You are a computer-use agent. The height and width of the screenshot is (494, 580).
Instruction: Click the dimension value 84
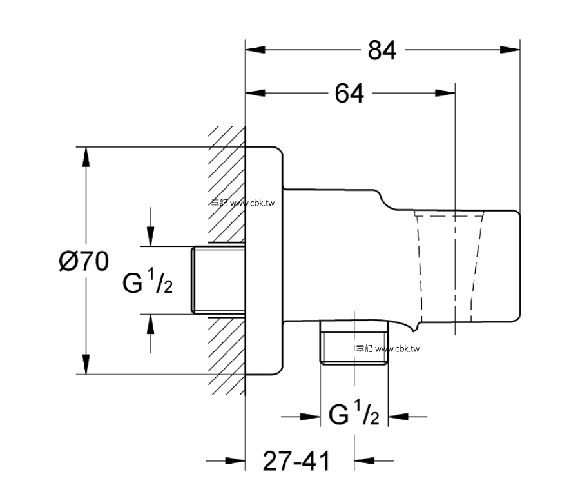coord(382,50)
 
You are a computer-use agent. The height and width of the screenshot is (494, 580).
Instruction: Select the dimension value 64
coord(349,94)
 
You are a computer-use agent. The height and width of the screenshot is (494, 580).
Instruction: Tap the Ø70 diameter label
coord(84,261)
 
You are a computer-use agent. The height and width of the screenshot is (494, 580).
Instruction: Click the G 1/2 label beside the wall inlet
coord(148,281)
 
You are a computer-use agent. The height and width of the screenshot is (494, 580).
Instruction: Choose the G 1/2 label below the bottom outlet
coord(354,412)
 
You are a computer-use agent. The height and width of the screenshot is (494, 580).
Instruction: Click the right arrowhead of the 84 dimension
coord(510,50)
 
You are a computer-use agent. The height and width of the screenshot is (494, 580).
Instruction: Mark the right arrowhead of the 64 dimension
coord(445,93)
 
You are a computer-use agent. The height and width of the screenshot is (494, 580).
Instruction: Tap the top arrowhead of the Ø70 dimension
coord(86,157)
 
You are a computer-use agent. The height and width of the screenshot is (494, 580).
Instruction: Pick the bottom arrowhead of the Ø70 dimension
coord(86,364)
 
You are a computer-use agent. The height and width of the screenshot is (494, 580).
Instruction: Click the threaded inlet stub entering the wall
coord(218,281)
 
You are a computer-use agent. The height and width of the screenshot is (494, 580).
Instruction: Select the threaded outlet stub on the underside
coord(354,343)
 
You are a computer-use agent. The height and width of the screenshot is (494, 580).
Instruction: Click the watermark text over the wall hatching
coord(243,203)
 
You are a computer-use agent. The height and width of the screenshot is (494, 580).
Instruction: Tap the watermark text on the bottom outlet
coord(387,349)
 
